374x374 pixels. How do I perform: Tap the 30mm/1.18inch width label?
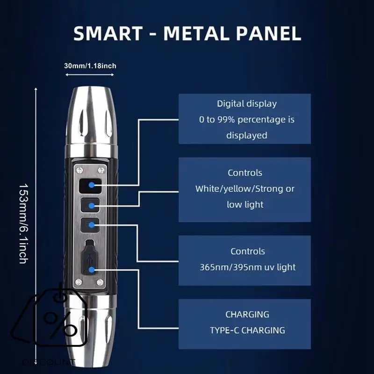(x=90, y=65)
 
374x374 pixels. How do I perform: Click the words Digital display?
(x=246, y=104)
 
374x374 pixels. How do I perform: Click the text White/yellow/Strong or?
(x=245, y=189)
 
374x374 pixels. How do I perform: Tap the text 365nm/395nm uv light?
(x=247, y=267)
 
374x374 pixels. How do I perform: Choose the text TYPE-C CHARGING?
(x=247, y=330)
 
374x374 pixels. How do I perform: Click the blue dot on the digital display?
(x=92, y=185)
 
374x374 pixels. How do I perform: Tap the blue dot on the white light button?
(x=92, y=205)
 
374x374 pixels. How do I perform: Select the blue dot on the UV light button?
(x=92, y=225)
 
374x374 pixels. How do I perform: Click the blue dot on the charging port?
(x=92, y=269)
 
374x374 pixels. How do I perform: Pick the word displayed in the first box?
(x=246, y=136)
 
